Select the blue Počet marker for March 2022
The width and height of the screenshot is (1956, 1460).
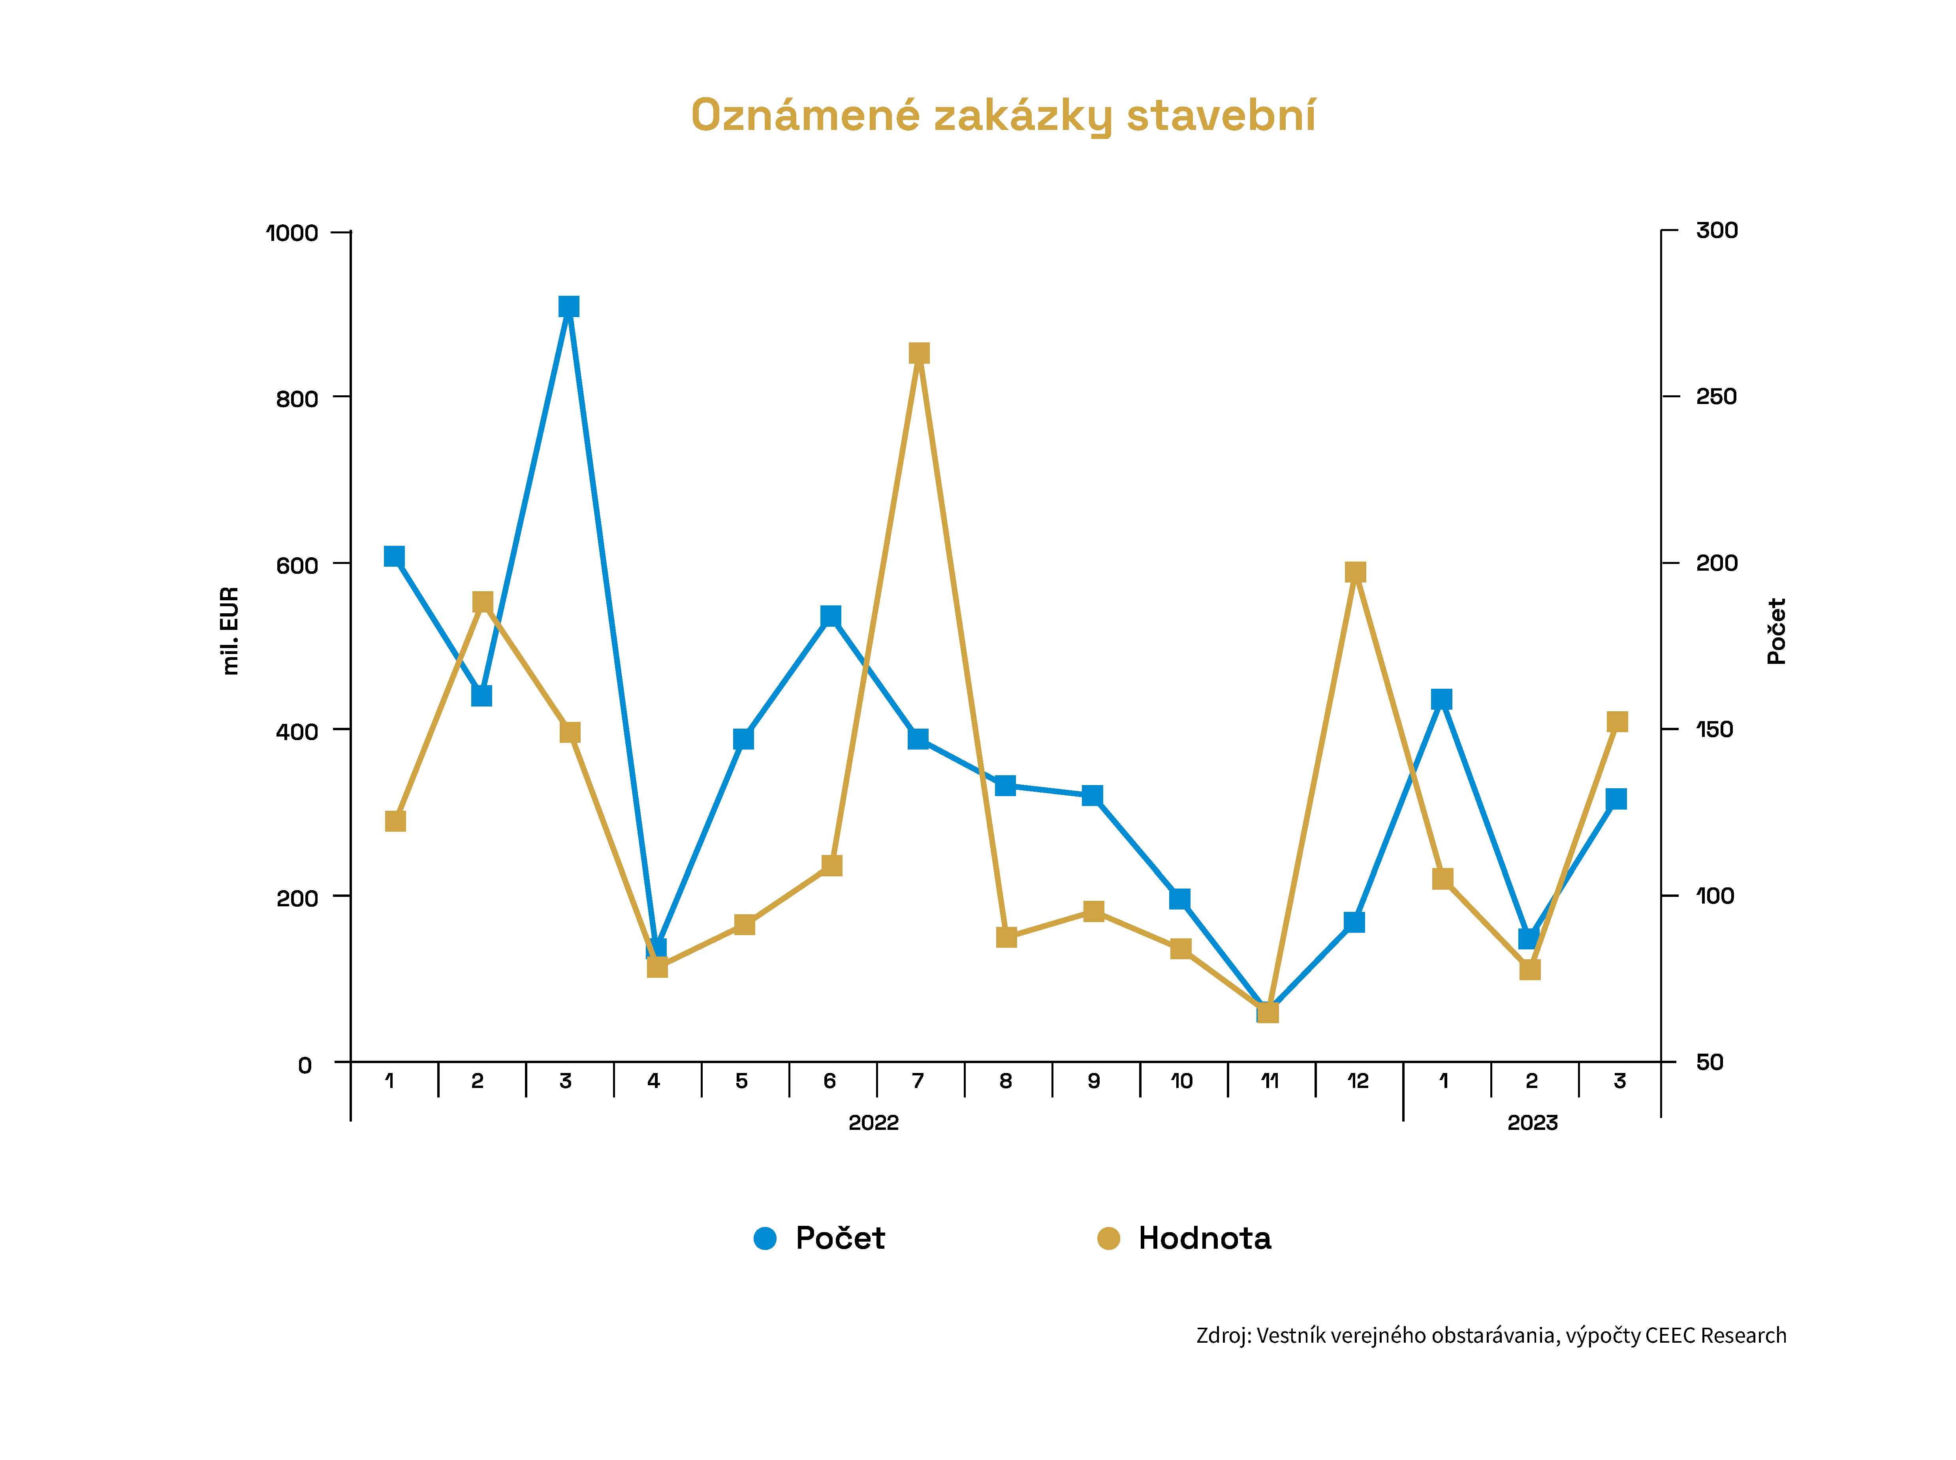point(568,307)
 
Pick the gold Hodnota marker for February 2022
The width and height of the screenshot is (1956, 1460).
point(482,602)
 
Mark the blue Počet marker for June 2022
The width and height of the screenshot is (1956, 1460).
point(830,616)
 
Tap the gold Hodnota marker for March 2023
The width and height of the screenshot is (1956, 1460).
point(1617,722)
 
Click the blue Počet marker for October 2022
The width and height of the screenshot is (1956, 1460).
point(1179,899)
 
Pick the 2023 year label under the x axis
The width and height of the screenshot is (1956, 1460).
point(1532,1122)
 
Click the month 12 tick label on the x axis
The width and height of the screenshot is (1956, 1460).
point(1358,1081)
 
